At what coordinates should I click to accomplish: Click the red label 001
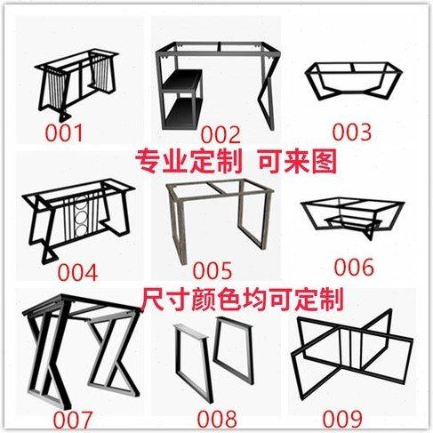click(x=64, y=133)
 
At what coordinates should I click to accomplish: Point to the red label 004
click(x=75, y=269)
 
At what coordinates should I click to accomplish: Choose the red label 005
click(x=212, y=269)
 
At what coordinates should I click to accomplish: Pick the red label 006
click(x=354, y=266)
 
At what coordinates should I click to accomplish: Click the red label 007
click(x=72, y=417)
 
